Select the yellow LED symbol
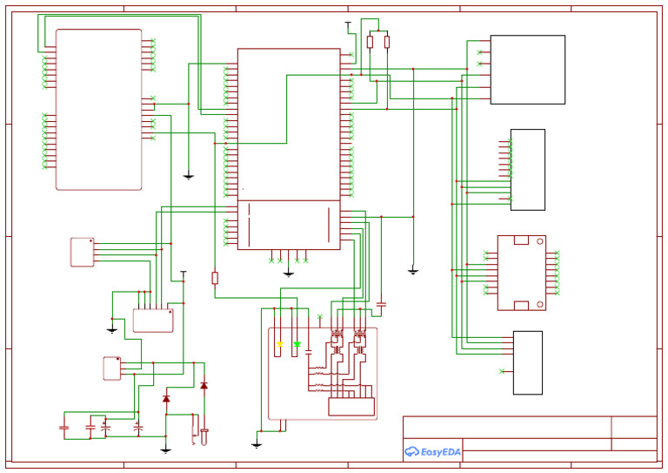tap(279, 345)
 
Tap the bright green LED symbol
tap(297, 345)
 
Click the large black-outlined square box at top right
tap(527, 70)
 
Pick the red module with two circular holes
tap(521, 273)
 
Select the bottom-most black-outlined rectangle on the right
tap(527, 362)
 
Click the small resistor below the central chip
tap(215, 278)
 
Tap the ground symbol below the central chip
tap(288, 273)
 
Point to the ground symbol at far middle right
tap(413, 272)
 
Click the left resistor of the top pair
tap(370, 42)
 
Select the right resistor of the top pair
tap(386, 42)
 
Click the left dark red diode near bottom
tap(166, 399)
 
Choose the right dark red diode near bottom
tap(204, 386)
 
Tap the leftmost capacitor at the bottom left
tap(63, 428)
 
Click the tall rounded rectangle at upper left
tap(98, 110)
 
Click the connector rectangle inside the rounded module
tap(351, 407)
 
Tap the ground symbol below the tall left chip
tap(188, 177)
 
